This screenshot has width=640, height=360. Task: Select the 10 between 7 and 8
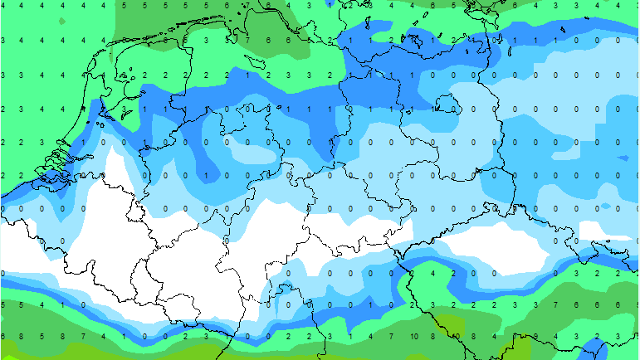pos(413,336)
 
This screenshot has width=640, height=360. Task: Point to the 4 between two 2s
pos(433,272)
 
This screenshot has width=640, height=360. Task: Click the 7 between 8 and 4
pos(83,336)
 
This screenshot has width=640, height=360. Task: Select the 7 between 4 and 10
pos(393,336)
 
